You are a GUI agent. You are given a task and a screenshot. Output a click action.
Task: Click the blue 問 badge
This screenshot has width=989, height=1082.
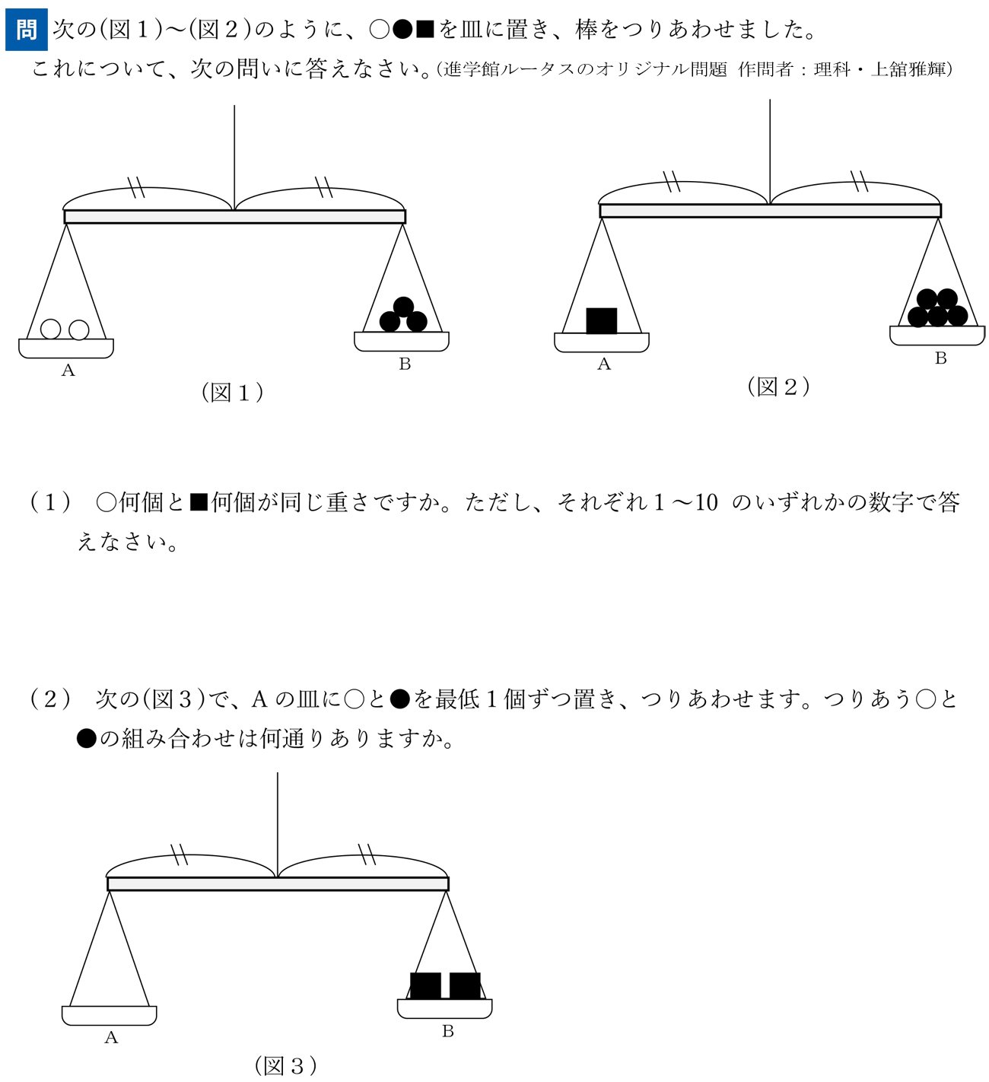(26, 29)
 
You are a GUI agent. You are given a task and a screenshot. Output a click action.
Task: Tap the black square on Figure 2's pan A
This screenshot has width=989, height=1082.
(601, 321)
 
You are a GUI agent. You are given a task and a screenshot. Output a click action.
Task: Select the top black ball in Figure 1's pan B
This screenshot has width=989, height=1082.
(403, 307)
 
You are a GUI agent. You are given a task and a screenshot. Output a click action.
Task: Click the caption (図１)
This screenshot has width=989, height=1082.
(233, 392)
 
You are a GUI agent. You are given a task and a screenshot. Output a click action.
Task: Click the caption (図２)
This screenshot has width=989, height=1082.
(778, 387)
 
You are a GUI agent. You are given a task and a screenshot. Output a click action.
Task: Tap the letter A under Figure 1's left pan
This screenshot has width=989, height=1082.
(68, 370)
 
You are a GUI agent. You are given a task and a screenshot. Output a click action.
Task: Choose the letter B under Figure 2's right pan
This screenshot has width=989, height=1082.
(940, 358)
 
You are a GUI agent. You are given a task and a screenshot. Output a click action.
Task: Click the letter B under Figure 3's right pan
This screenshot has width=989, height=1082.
(447, 1031)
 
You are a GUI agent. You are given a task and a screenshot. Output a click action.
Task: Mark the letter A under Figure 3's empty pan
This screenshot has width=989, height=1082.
(110, 1036)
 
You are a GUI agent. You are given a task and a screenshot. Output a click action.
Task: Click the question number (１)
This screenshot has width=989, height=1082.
(50, 503)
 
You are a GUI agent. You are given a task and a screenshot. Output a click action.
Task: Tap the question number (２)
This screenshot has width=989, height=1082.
(50, 699)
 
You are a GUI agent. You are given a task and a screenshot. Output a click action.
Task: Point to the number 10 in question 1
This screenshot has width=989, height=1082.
(705, 503)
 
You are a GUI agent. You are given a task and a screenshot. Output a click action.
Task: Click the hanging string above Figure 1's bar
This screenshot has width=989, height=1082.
(234, 157)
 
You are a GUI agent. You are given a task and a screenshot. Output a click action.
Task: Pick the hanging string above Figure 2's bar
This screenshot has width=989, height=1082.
(769, 151)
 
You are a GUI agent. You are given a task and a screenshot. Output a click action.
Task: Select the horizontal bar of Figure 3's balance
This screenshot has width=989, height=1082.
(278, 883)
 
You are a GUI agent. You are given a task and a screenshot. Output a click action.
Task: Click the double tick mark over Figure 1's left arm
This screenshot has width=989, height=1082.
(137, 186)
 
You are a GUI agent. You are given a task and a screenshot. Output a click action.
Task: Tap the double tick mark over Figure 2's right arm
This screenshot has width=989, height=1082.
(859, 180)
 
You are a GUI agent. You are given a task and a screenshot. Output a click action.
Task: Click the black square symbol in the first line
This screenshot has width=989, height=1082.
(425, 29)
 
